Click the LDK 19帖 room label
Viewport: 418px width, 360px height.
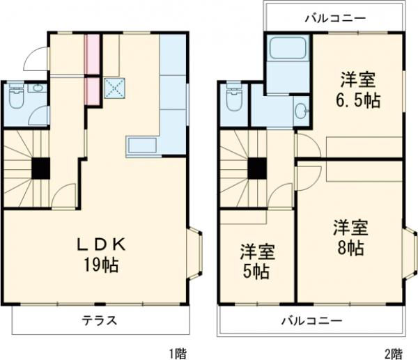click(x=100, y=255)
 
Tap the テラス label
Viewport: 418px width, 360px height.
click(x=100, y=321)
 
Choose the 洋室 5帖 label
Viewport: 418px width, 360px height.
click(x=257, y=260)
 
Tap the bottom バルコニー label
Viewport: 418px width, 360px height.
click(x=311, y=321)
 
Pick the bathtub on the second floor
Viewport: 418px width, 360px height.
click(x=288, y=49)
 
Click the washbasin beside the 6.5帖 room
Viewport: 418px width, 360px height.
click(x=300, y=111)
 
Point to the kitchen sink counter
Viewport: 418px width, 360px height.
click(x=144, y=146)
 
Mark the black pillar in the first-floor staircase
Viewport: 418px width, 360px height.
click(x=40, y=168)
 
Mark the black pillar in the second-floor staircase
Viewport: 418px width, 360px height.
click(x=257, y=168)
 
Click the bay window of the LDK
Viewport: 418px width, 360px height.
click(x=196, y=255)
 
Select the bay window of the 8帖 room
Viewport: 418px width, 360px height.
click(x=411, y=255)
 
